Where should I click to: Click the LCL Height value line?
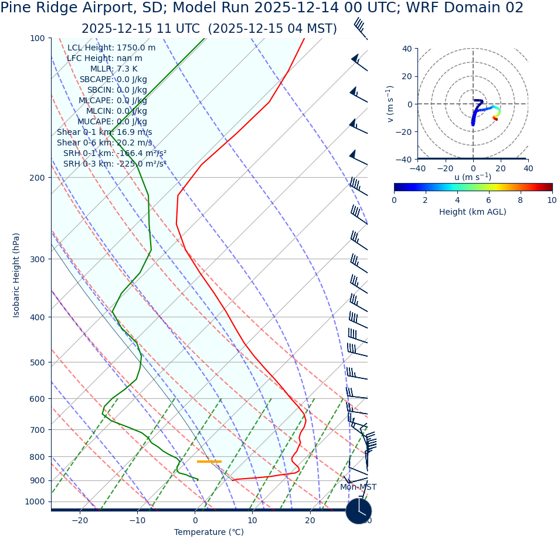(x=111, y=48)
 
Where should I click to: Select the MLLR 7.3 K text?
(x=114, y=69)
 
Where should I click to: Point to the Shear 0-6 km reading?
(x=104, y=143)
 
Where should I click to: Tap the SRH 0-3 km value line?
(x=115, y=164)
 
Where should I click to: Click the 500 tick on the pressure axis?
(x=38, y=362)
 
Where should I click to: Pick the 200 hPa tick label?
(x=38, y=178)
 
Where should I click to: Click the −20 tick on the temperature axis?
(x=80, y=520)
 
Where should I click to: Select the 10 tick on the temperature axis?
(x=252, y=520)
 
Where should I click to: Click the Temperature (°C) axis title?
(x=209, y=532)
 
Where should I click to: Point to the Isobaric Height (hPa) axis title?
(x=16, y=275)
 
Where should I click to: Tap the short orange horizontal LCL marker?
(x=209, y=462)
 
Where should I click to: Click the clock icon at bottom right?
(x=358, y=511)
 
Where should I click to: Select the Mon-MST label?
(x=358, y=487)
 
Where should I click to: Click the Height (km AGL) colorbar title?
(x=473, y=212)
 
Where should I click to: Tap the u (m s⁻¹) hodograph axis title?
(x=473, y=177)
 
